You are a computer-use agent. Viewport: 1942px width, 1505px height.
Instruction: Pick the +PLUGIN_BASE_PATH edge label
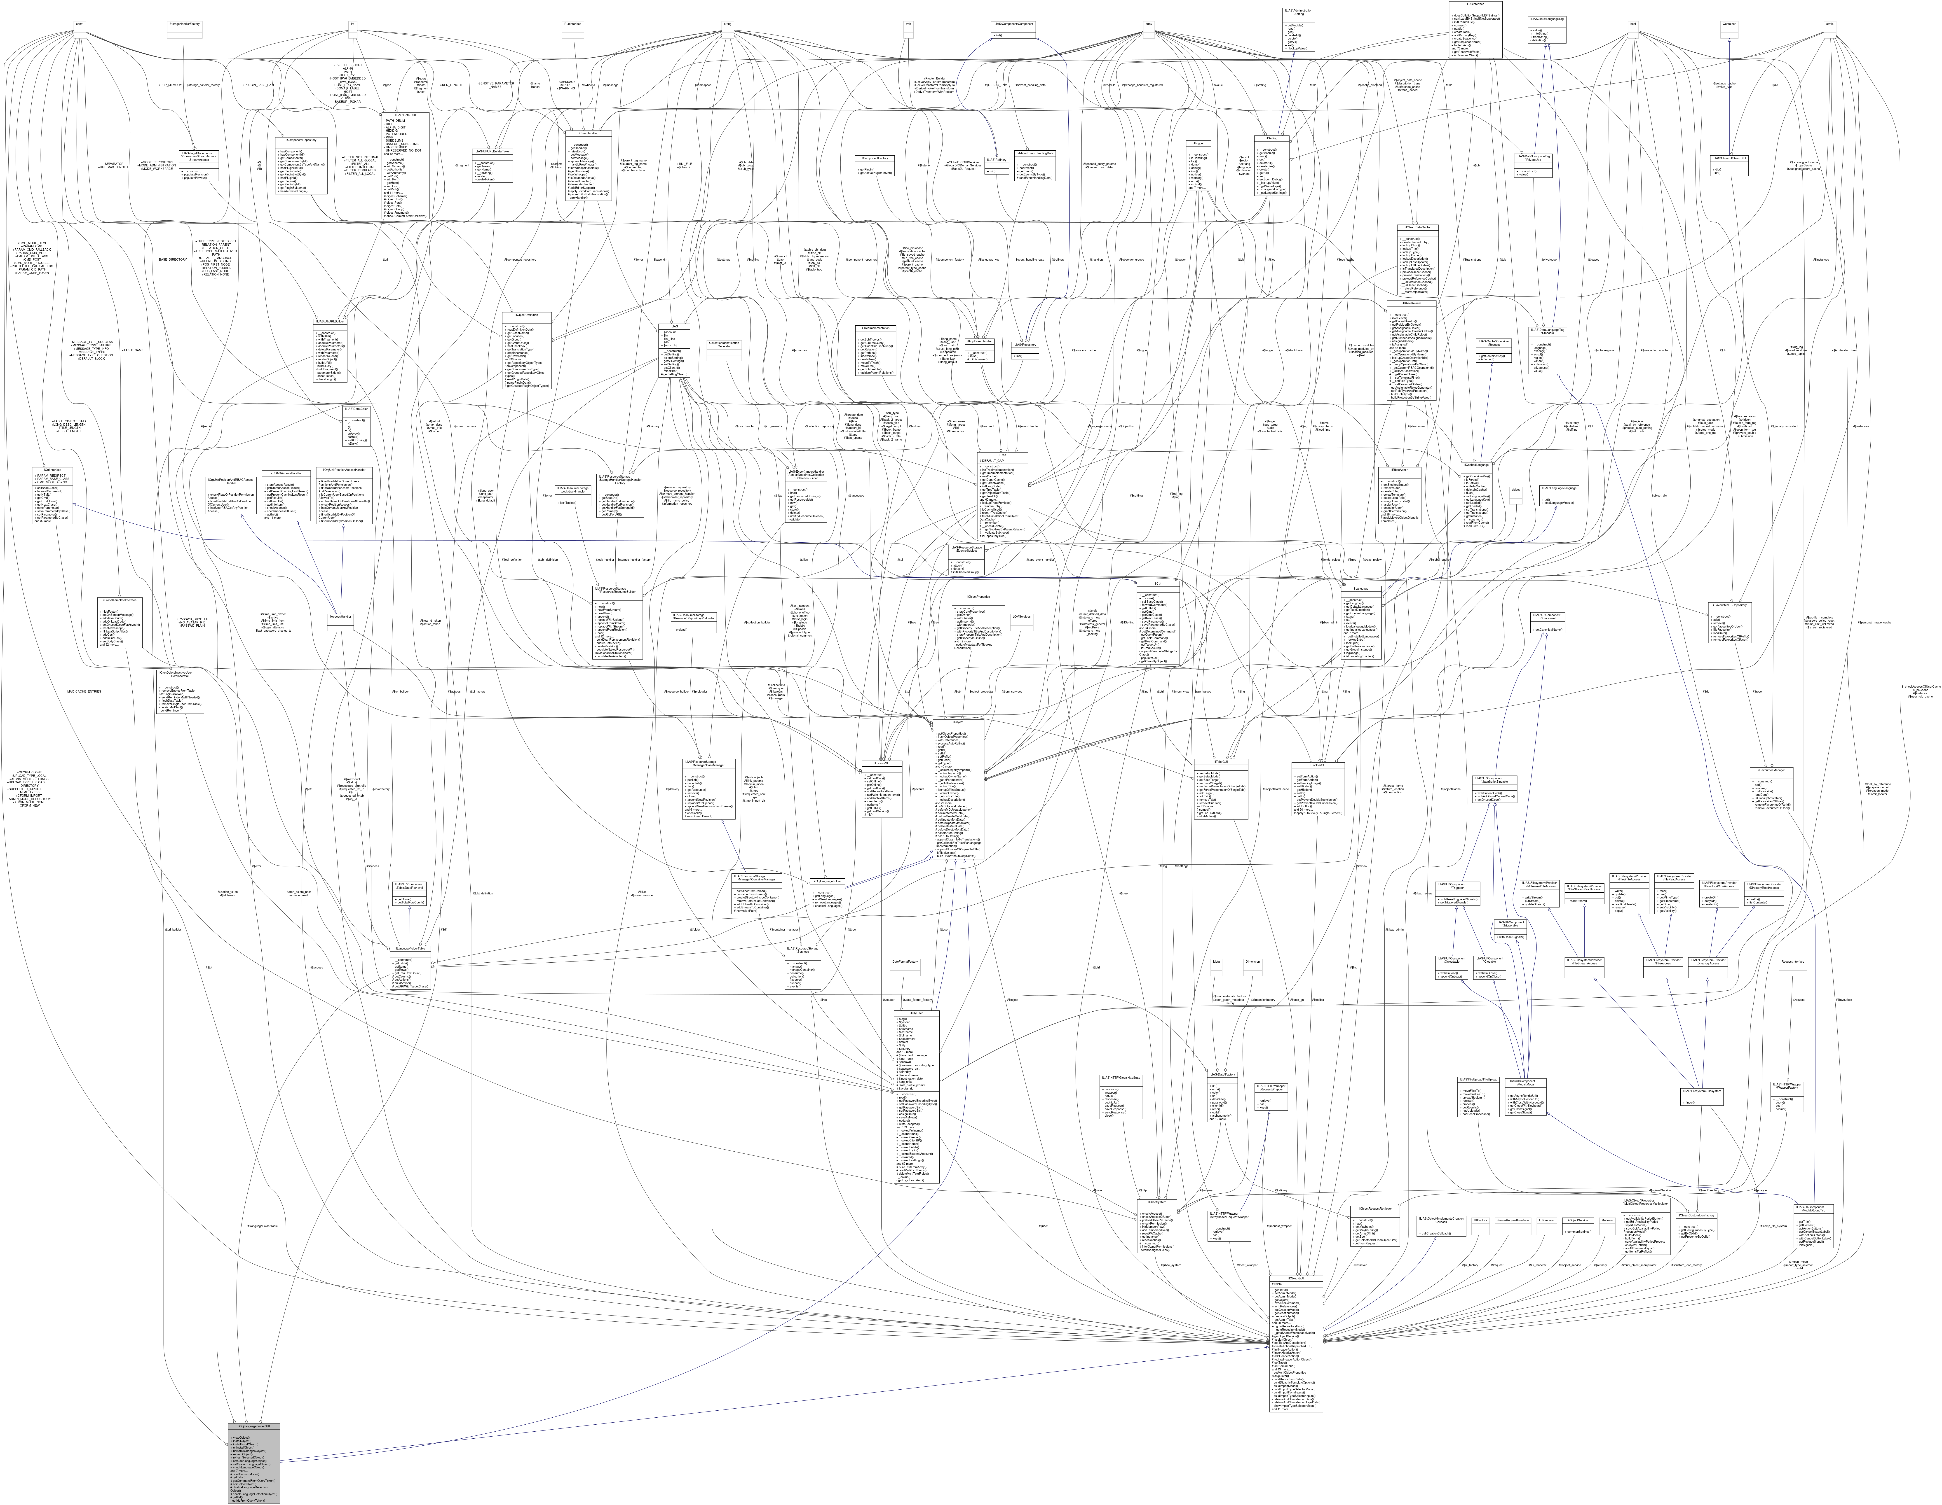260,84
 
